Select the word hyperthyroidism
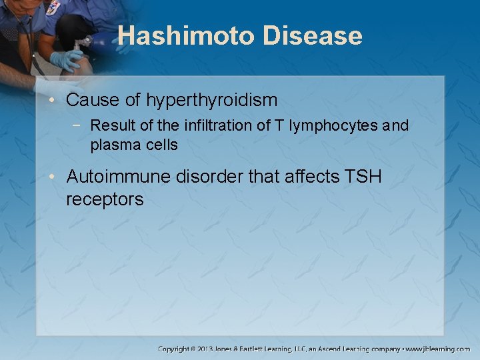(x=212, y=101)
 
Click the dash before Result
(x=80, y=125)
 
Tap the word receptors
(x=105, y=199)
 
